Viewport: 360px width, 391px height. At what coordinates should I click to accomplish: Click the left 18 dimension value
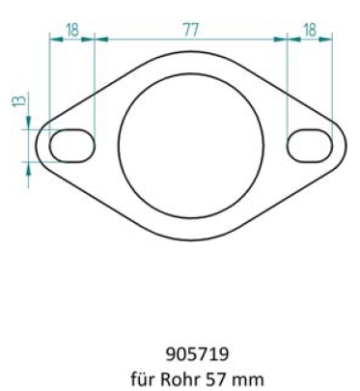click(72, 30)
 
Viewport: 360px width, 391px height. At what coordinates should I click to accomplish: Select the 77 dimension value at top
click(192, 30)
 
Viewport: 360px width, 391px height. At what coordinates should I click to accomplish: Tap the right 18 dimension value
click(311, 30)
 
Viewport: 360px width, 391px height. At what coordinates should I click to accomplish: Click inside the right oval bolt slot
click(311, 145)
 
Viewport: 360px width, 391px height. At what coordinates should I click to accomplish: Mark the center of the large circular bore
click(191, 145)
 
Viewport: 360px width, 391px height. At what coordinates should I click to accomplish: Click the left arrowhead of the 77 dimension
click(101, 40)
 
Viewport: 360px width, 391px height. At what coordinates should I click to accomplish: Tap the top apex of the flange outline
click(191, 53)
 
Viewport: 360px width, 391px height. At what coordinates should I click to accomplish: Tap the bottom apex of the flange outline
click(191, 237)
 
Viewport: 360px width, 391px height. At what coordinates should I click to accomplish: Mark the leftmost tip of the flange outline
click(36, 145)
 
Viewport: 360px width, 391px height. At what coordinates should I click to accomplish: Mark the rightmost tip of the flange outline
click(347, 145)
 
